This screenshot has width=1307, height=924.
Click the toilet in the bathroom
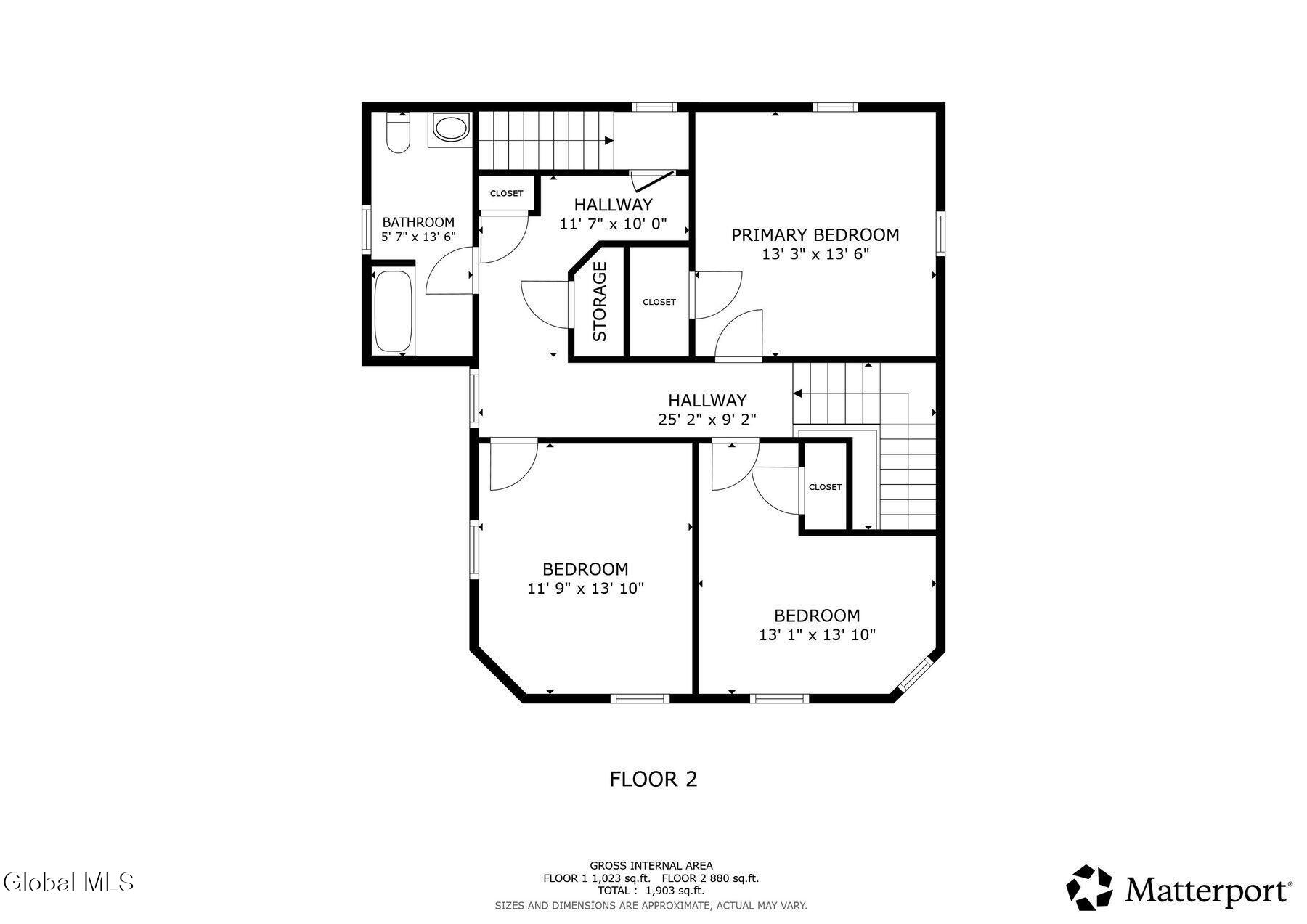[x=398, y=133]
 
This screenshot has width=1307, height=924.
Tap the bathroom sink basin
[x=450, y=128]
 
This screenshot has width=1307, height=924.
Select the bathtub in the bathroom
[x=393, y=311]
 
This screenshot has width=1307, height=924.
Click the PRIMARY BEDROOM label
[x=815, y=235]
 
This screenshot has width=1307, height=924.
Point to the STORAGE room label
[x=600, y=301]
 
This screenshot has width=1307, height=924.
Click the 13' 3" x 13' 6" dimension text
[x=815, y=255]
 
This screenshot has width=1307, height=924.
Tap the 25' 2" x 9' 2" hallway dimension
[x=707, y=420]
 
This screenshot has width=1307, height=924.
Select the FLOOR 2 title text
[x=653, y=780]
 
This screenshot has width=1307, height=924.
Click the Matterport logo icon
[x=1088, y=887]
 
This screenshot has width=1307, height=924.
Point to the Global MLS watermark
[x=69, y=883]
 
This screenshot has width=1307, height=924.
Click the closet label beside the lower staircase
[x=825, y=487]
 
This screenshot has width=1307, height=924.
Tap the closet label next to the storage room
[x=659, y=302]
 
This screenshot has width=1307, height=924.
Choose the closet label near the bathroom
[x=506, y=193]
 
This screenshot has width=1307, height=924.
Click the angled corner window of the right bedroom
[x=916, y=675]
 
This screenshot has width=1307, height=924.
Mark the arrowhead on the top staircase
[x=609, y=141]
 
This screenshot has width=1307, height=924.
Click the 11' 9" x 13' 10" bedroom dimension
[x=585, y=589]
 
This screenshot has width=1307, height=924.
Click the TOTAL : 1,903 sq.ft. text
[x=651, y=891]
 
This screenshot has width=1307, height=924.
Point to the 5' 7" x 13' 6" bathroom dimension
[x=418, y=237]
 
